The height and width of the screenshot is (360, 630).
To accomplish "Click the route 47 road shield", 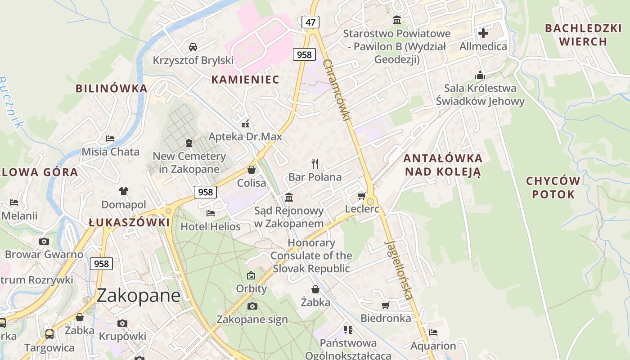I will coord(310,22).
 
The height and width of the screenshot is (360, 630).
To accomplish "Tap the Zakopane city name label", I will coord(139,295).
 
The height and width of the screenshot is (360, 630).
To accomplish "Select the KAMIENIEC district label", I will coord(245,80).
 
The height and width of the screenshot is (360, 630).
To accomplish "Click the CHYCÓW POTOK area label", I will coord(553,188).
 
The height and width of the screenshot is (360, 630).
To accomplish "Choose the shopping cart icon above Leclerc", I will coord(361,196).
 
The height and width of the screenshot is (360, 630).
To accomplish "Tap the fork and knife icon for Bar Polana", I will coord(315,164).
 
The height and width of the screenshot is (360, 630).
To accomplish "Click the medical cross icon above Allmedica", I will coord(483,33).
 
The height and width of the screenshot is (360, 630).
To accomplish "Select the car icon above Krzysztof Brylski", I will coord(193,47).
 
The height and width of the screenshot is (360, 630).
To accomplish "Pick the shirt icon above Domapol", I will coord(124,191).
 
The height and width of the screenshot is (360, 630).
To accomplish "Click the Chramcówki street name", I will coord(336,90).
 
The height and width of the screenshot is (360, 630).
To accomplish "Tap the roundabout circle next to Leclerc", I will coord(370,201).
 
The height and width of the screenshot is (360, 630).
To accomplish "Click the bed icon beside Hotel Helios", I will coord(210,213).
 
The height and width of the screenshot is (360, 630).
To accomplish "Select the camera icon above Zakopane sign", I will coord(252,306).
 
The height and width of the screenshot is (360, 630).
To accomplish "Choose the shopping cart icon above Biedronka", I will coord(385,306).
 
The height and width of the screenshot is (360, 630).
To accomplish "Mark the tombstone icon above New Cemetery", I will coord(189,143).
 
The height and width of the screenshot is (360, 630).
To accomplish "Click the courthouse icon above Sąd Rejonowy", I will coord(289,197).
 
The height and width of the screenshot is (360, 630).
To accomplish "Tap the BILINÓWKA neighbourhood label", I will coord(112,88).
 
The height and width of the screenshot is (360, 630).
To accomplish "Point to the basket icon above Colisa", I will coord(252,170).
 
